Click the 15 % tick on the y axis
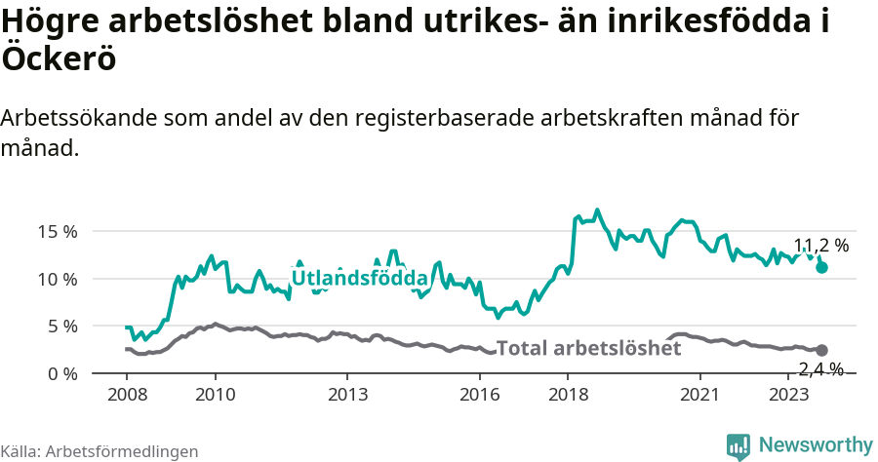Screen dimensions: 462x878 click(x=57, y=231)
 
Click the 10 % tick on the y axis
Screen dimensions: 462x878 click(x=57, y=279)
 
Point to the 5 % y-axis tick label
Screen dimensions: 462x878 click(x=61, y=326)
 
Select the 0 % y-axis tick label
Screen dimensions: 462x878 click(x=61, y=373)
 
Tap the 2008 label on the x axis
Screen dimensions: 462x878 click(x=127, y=395)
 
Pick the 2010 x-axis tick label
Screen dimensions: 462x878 click(x=215, y=395)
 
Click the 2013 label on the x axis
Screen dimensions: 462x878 click(x=347, y=395)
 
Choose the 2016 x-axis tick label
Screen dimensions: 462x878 click(x=479, y=395)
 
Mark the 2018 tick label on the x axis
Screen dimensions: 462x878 click(x=568, y=395)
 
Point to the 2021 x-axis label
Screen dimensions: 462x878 click(x=699, y=395)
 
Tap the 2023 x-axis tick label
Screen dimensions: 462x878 click(x=787, y=395)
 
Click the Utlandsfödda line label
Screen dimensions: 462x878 click(x=360, y=278)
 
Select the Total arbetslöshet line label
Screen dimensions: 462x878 click(x=589, y=348)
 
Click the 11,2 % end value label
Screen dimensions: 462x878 click(x=820, y=246)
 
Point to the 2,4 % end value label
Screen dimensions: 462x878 click(x=820, y=368)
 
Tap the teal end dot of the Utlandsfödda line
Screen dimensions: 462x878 click(x=822, y=267)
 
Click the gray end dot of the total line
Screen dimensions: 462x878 click(x=822, y=350)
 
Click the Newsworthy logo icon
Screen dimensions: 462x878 click(x=738, y=445)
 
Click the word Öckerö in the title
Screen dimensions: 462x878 click(x=59, y=58)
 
